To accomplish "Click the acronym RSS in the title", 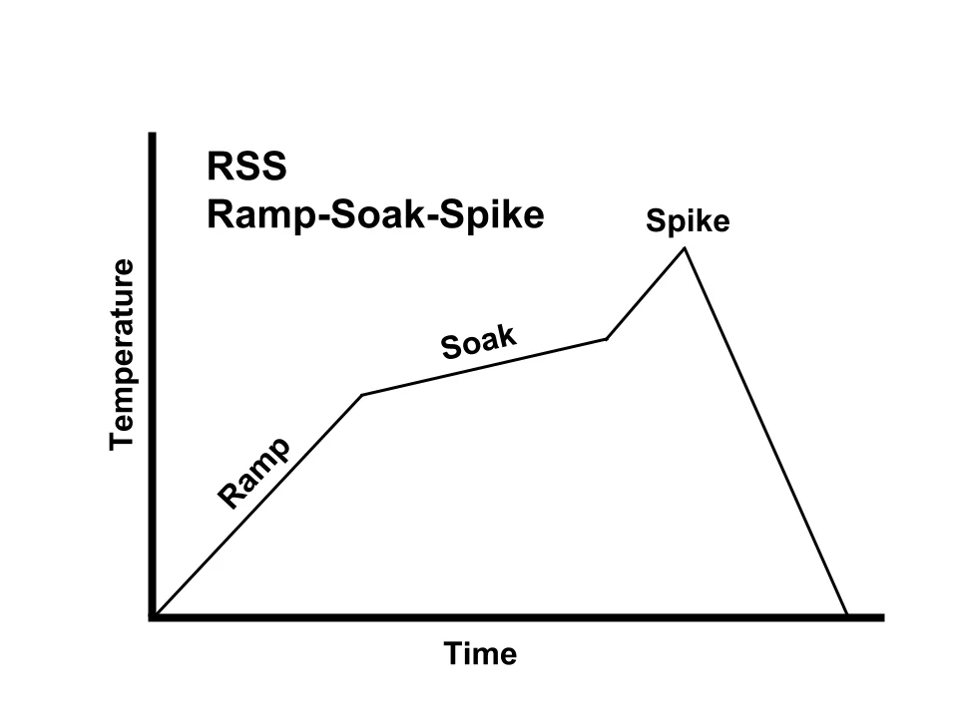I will point(246,167).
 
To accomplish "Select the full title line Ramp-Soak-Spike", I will point(375,215).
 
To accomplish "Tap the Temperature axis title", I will point(122,355).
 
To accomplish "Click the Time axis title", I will point(481,654).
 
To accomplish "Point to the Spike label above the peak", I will point(688,221).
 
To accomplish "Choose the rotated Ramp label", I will point(254,473).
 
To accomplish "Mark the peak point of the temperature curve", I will point(685,247).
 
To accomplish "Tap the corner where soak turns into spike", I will point(606,339).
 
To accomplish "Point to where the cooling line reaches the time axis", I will point(847,615).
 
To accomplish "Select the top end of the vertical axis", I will point(153,135).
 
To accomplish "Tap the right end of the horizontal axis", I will point(881,618).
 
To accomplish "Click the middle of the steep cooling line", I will point(765,431).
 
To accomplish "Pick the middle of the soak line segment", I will point(484,367).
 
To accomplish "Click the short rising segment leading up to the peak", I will point(646,293).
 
